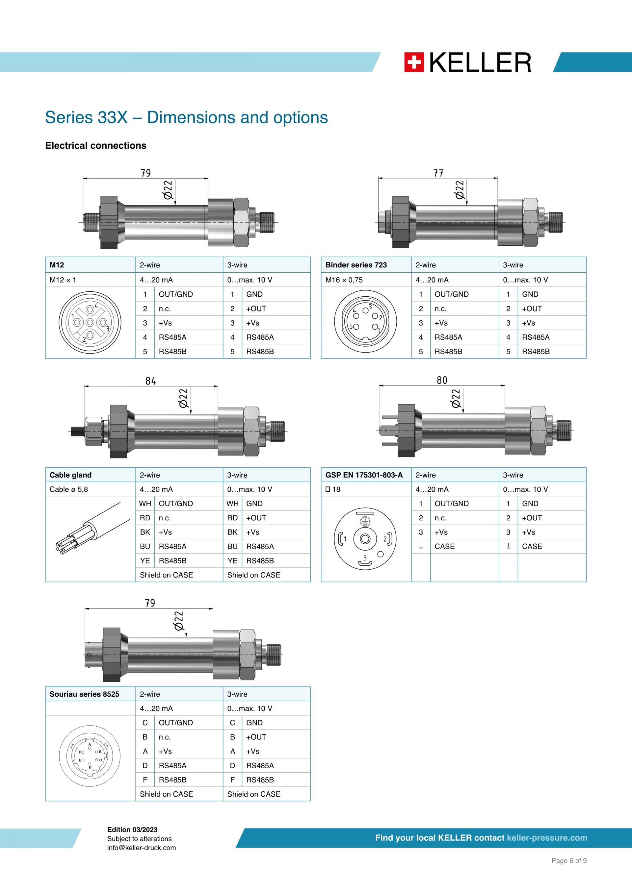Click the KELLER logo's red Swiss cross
point(414,62)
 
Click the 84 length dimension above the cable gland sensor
point(151,381)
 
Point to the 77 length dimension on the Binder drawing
point(438,173)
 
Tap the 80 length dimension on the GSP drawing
point(442,380)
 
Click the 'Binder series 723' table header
point(356,265)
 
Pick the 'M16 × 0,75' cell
point(344,280)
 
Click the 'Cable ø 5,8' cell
point(69,489)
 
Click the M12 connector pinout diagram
point(90,322)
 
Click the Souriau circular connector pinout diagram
point(90,756)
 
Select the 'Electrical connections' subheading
point(96,145)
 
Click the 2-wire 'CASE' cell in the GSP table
point(445,546)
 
